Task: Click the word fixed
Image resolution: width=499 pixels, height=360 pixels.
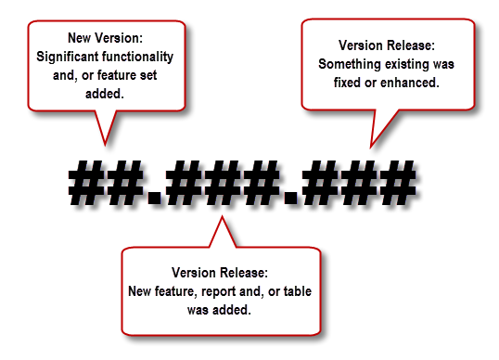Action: click(336, 82)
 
